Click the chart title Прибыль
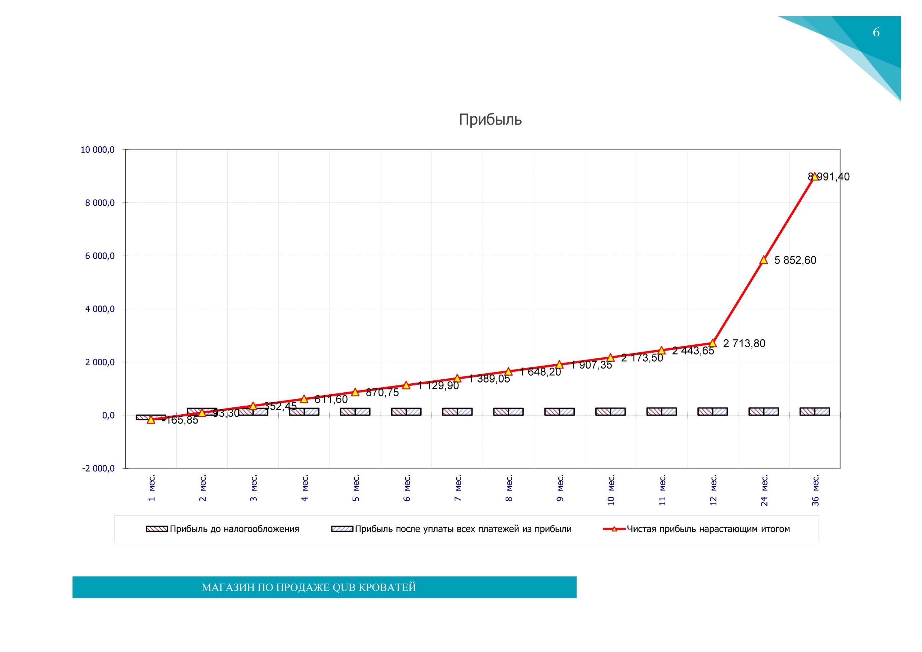(490, 120)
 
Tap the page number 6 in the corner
(876, 32)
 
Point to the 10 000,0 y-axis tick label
(98, 150)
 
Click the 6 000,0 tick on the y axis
(100, 256)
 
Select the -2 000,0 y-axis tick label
(98, 468)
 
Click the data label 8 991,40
(829, 177)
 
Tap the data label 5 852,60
(795, 260)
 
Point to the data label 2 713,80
(744, 344)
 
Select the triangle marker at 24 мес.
(764, 260)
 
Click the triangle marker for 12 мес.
(713, 343)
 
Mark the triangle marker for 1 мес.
(151, 420)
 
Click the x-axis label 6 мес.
(407, 488)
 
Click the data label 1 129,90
(438, 386)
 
